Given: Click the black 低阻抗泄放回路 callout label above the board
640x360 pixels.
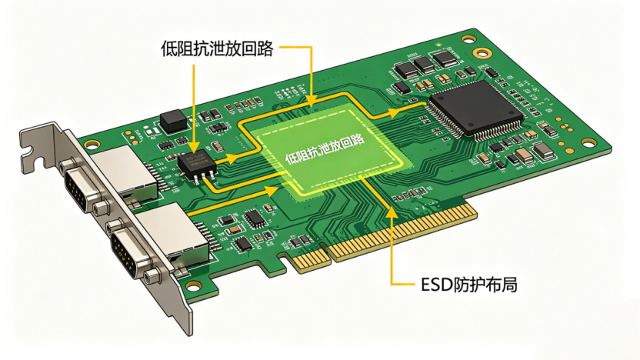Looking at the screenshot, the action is click(217, 48).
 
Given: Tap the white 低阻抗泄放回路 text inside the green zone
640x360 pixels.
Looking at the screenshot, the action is click(325, 149).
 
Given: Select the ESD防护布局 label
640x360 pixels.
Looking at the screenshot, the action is click(469, 285).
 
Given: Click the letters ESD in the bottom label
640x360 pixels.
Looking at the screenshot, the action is click(437, 285).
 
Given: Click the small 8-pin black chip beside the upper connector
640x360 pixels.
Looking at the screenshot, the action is click(197, 165).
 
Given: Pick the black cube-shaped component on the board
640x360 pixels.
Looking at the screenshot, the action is click(174, 121).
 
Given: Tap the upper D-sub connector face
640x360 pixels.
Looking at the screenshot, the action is click(78, 190).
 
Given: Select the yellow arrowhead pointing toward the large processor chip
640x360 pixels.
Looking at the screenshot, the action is click(393, 113).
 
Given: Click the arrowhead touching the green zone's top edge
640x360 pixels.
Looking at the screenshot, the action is click(311, 101).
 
